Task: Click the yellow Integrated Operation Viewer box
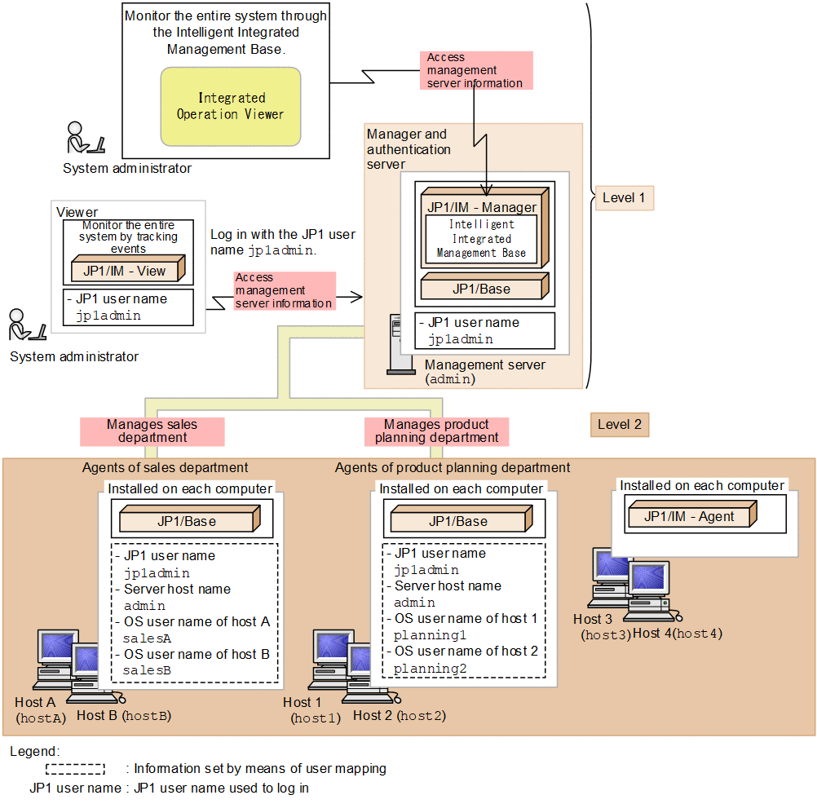click(x=231, y=106)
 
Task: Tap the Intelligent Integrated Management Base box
click(x=480, y=238)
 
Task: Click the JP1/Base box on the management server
click(x=482, y=289)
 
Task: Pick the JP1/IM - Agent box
click(x=690, y=516)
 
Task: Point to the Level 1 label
click(x=624, y=197)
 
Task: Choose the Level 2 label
click(x=619, y=424)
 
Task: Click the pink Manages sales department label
click(x=152, y=431)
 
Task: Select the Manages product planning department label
click(x=436, y=431)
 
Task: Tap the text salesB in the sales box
click(x=148, y=669)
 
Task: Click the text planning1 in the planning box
click(x=424, y=635)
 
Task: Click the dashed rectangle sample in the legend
click(x=75, y=768)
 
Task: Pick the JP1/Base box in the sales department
click(x=188, y=521)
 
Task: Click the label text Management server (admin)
click(x=484, y=372)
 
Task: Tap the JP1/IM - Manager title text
click(x=482, y=207)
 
